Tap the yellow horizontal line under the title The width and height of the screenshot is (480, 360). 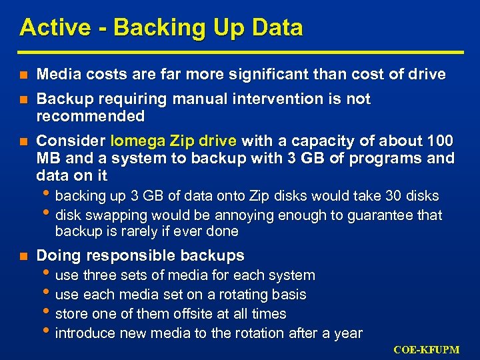(240, 52)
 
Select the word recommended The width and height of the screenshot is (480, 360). (90, 117)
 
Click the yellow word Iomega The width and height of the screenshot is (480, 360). (137, 141)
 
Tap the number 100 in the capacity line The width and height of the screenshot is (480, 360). (440, 141)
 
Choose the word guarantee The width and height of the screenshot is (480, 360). (377, 215)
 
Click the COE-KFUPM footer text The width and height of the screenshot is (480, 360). (427, 350)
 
